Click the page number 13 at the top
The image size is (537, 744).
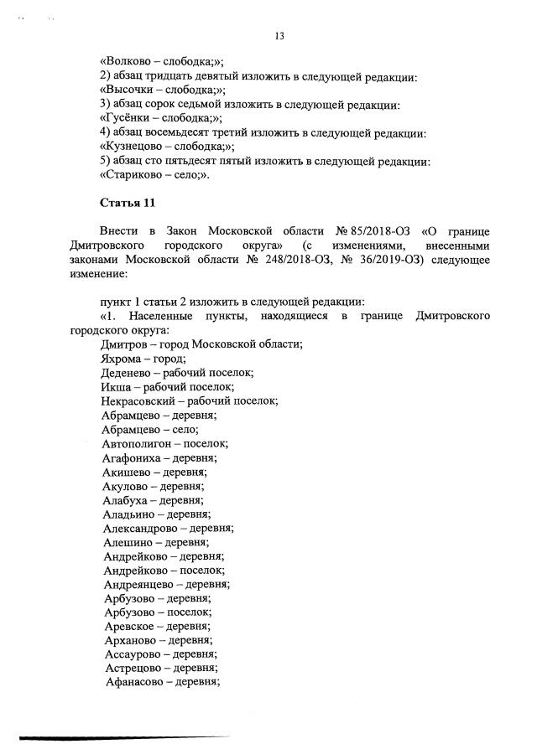279,35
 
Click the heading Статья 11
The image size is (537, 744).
128,203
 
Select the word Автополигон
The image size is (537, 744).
138,443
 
